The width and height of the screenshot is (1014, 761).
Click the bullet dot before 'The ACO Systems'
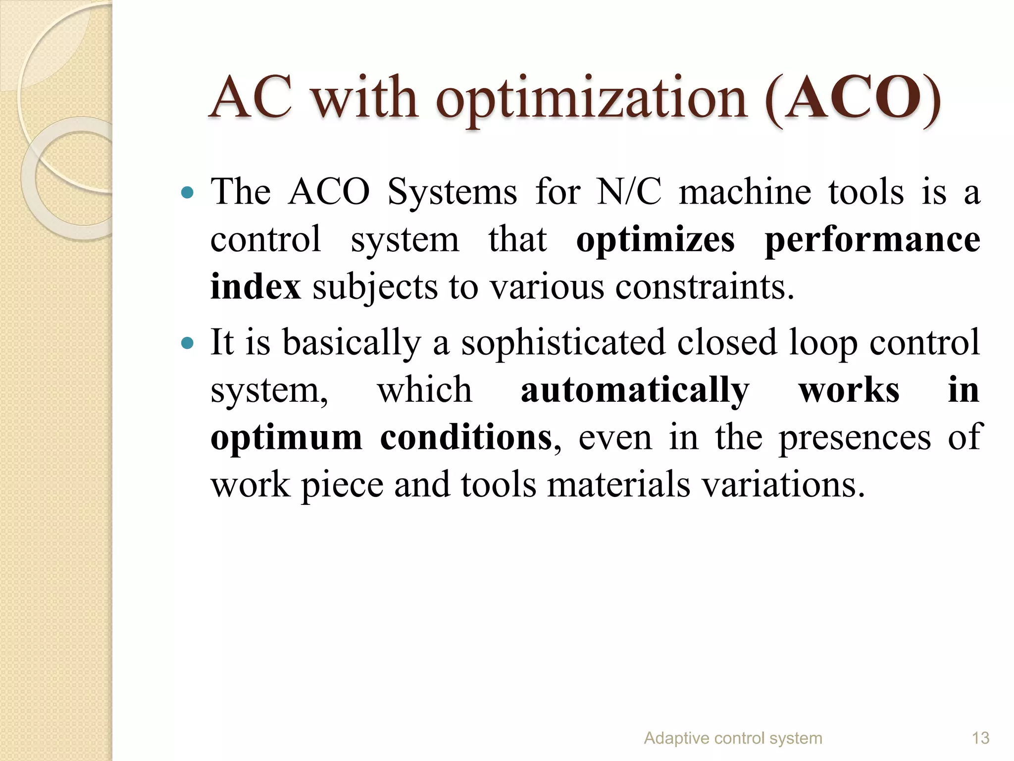pos(187,192)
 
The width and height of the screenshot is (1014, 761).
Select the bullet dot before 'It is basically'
pos(187,342)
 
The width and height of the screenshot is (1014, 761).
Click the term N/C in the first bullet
pos(629,192)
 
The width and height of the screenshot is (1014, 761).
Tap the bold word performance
pos(872,240)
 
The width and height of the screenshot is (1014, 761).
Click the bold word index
pos(255,287)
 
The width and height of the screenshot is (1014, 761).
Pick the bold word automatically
pos(635,390)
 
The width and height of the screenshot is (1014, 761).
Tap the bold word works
pos(849,390)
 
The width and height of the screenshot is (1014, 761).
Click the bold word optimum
pos(286,438)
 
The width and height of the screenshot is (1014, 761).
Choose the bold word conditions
pos(465,438)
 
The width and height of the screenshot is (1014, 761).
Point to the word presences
pos(855,438)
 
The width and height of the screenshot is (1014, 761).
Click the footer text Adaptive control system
pos(733,739)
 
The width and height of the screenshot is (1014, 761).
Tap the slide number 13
pos(980,739)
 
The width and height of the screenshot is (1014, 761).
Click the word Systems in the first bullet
pos(452,192)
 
